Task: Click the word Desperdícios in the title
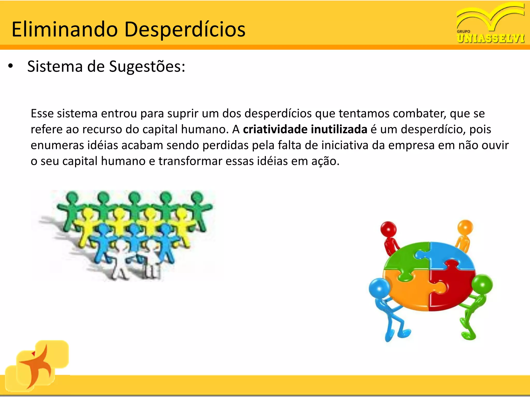[185, 29]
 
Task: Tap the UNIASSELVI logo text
[491, 39]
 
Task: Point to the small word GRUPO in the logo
[463, 31]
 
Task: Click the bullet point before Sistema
[10, 66]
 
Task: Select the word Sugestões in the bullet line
[147, 67]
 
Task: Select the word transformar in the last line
[190, 161]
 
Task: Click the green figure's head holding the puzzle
[482, 284]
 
